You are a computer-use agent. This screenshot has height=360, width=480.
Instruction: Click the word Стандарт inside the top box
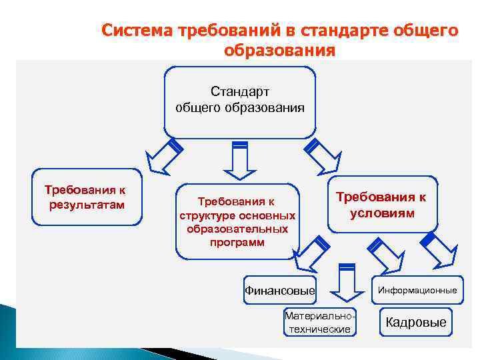(x=239, y=91)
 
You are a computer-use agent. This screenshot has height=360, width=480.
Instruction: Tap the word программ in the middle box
(x=237, y=242)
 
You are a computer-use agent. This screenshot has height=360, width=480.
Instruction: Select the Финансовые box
(x=279, y=290)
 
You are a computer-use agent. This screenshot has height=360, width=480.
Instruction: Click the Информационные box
(x=417, y=290)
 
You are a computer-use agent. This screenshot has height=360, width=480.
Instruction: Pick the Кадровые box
(x=416, y=322)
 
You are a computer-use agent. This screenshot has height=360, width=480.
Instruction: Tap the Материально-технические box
(x=318, y=322)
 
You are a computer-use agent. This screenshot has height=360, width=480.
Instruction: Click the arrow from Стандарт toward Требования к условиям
(x=319, y=155)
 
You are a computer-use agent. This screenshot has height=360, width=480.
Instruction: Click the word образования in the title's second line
(x=279, y=51)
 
